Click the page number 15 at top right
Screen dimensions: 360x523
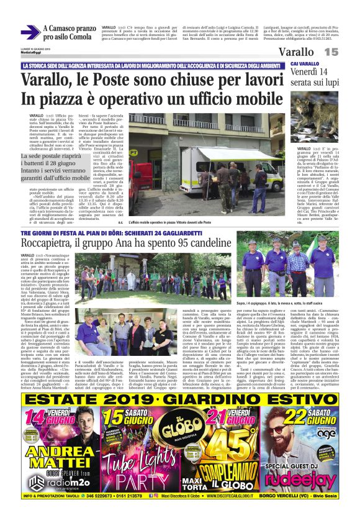(331, 53)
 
